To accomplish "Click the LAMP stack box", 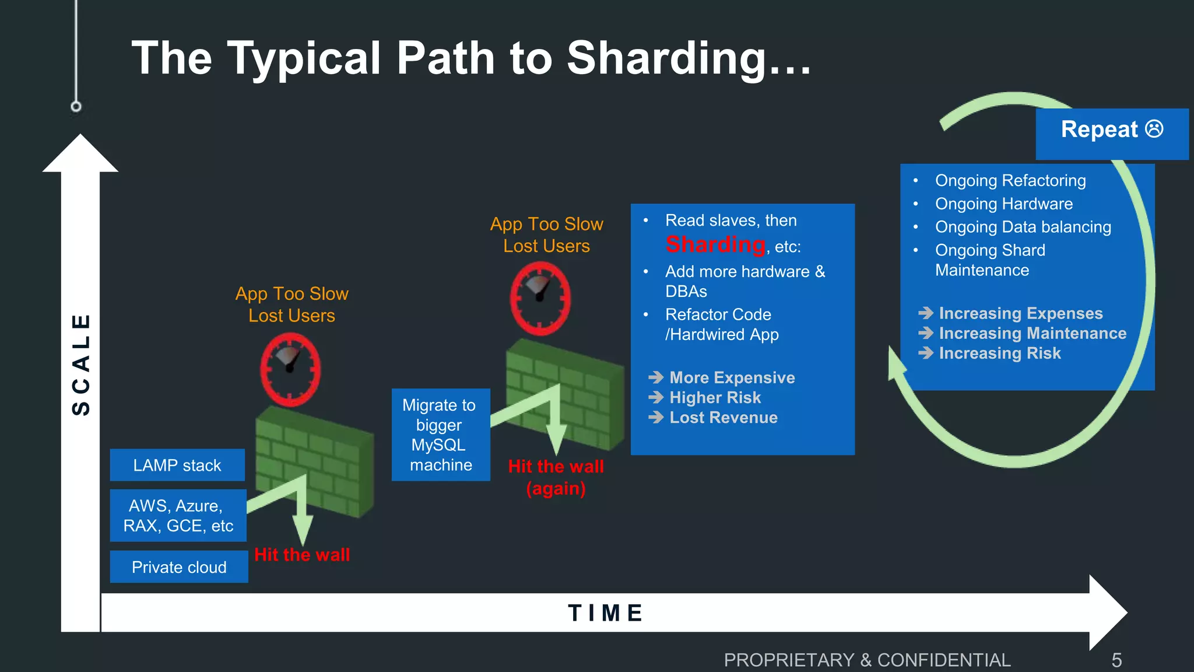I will (x=177, y=465).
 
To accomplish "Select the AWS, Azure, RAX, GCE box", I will (x=178, y=516).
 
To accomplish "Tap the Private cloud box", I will (x=179, y=567).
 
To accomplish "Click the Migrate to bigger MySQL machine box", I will (x=440, y=435).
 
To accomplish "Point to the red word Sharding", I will (x=715, y=244).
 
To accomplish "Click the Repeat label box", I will (x=1111, y=134).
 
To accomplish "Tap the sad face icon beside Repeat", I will (x=1154, y=129).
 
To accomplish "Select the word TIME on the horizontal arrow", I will (x=605, y=613).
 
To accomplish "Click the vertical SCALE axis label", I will (x=81, y=365).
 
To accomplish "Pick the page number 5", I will (x=1116, y=660).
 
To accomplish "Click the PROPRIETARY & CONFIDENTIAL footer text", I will (x=867, y=660).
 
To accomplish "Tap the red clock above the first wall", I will (x=290, y=369).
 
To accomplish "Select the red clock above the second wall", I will (x=540, y=298).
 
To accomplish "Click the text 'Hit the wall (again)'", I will (x=556, y=477).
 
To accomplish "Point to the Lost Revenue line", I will (x=723, y=418).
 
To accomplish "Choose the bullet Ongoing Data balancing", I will (x=1023, y=227).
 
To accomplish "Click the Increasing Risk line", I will (x=999, y=353).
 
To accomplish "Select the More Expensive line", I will (x=732, y=378).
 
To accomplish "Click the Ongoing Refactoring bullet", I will (x=1010, y=181).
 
